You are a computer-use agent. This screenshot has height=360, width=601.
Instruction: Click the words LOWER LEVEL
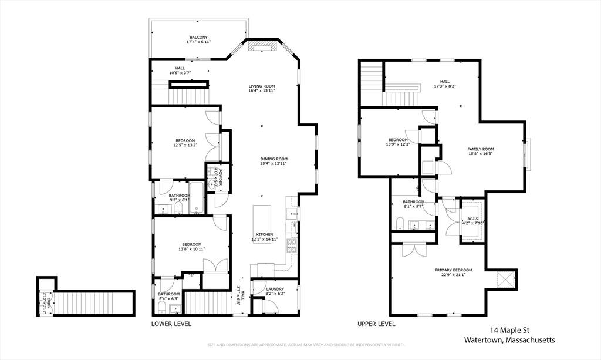171,324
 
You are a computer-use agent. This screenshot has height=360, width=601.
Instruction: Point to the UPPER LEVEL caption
376,324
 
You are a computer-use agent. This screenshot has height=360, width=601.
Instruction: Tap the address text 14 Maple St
509,330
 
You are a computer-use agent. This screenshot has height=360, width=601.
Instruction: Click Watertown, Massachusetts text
509,340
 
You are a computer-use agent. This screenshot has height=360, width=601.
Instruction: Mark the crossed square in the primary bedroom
506,280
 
